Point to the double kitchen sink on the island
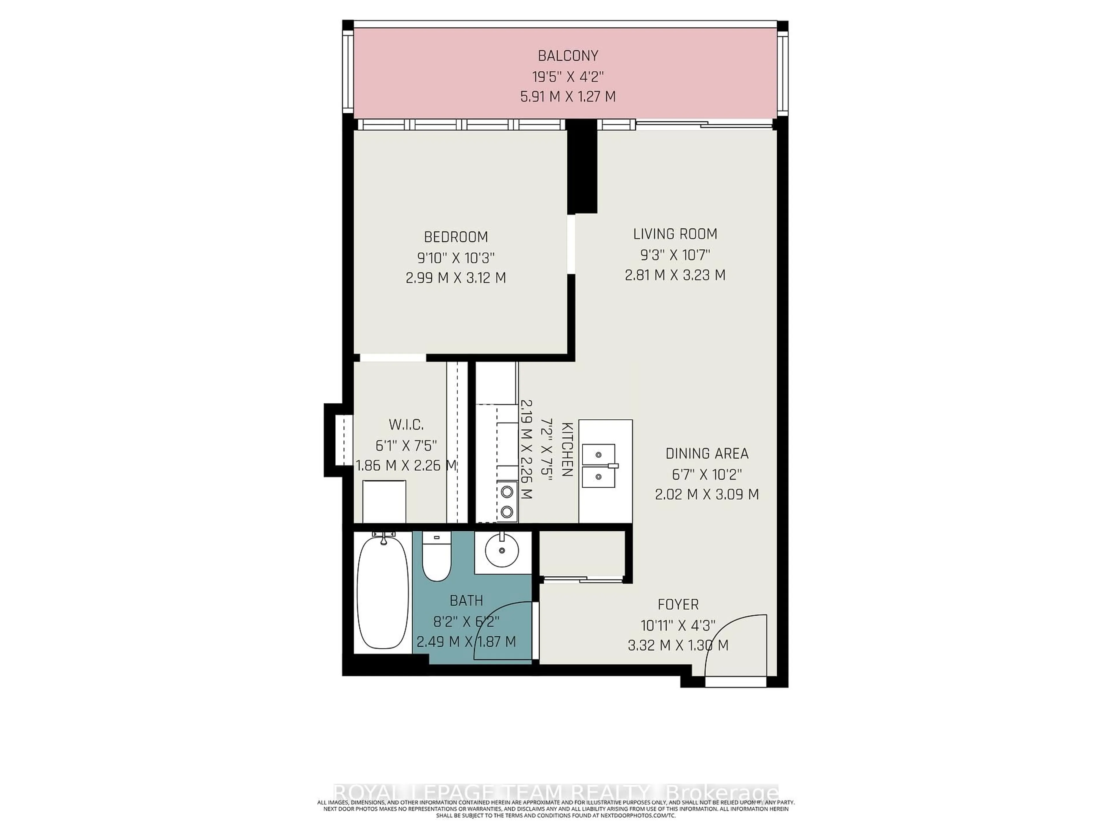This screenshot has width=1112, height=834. click(599, 466)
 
